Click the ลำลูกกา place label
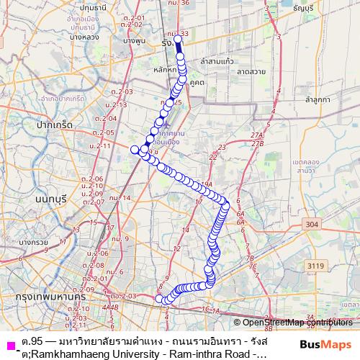pyautogui.click(x=316, y=100)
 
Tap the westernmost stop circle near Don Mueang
pyautogui.click(x=134, y=149)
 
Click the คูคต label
pyautogui.click(x=197, y=83)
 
